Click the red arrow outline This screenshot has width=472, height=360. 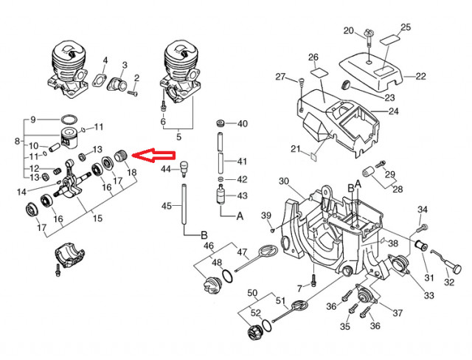pyautogui.click(x=156, y=156)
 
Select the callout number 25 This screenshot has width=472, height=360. pyautogui.click(x=405, y=28)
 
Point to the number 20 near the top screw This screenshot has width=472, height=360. pyautogui.click(x=349, y=30)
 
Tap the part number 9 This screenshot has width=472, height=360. pyautogui.click(x=32, y=119)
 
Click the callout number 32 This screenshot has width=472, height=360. pyautogui.click(x=449, y=280)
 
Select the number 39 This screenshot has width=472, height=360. pyautogui.click(x=266, y=215)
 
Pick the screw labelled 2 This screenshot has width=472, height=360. pyautogui.click(x=131, y=93)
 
